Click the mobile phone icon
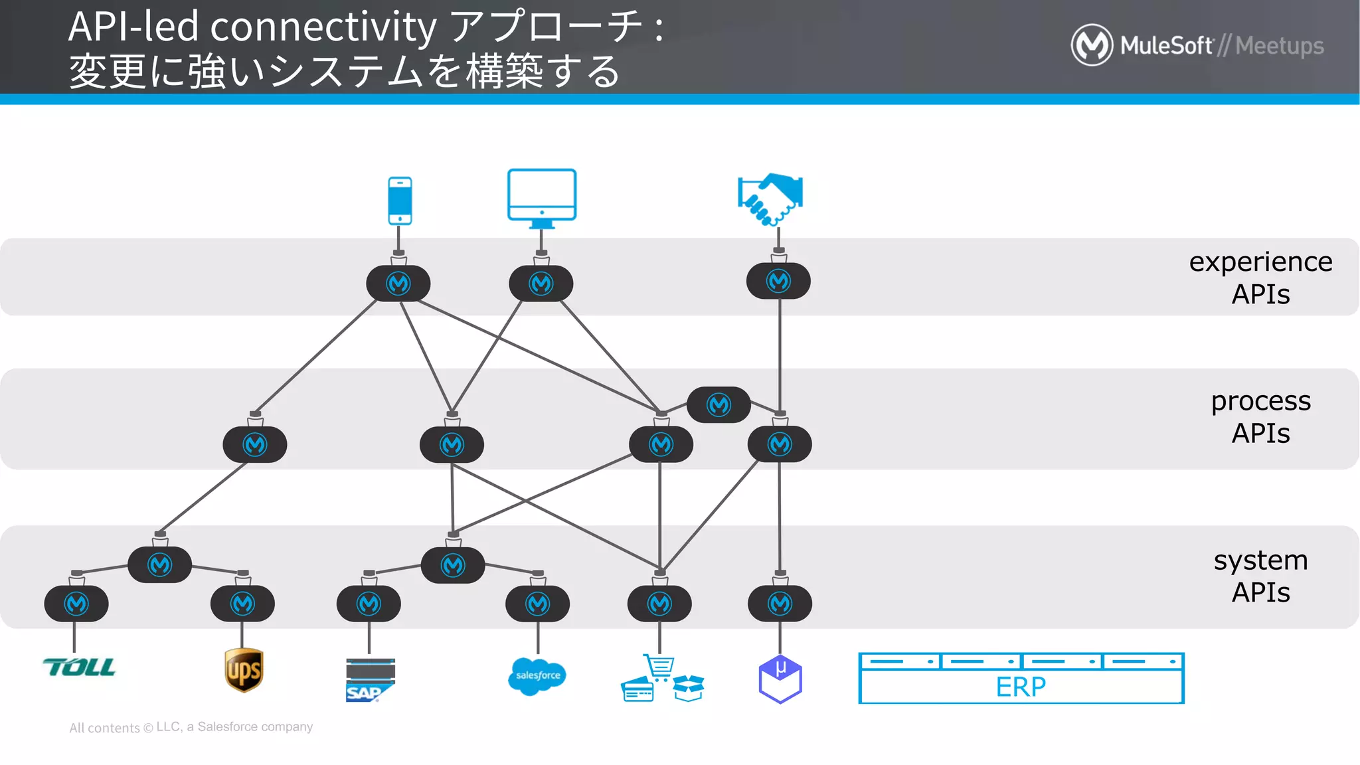tap(400, 201)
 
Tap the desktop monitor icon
tap(542, 197)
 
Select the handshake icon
tap(770, 199)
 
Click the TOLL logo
tap(79, 667)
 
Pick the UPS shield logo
tap(244, 670)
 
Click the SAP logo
tap(369, 680)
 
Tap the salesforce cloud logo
tap(537, 676)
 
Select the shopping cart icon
tap(659, 667)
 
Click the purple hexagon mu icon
tap(780, 679)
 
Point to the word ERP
tap(1021, 687)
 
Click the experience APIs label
tap(1260, 278)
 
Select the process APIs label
tap(1260, 417)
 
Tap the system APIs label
tap(1260, 576)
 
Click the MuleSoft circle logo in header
tap(1092, 45)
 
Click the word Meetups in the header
tap(1279, 46)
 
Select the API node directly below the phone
tap(398, 284)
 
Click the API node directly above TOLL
tap(76, 604)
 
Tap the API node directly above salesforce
tap(537, 604)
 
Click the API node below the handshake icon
tap(778, 281)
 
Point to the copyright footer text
tap(191, 727)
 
